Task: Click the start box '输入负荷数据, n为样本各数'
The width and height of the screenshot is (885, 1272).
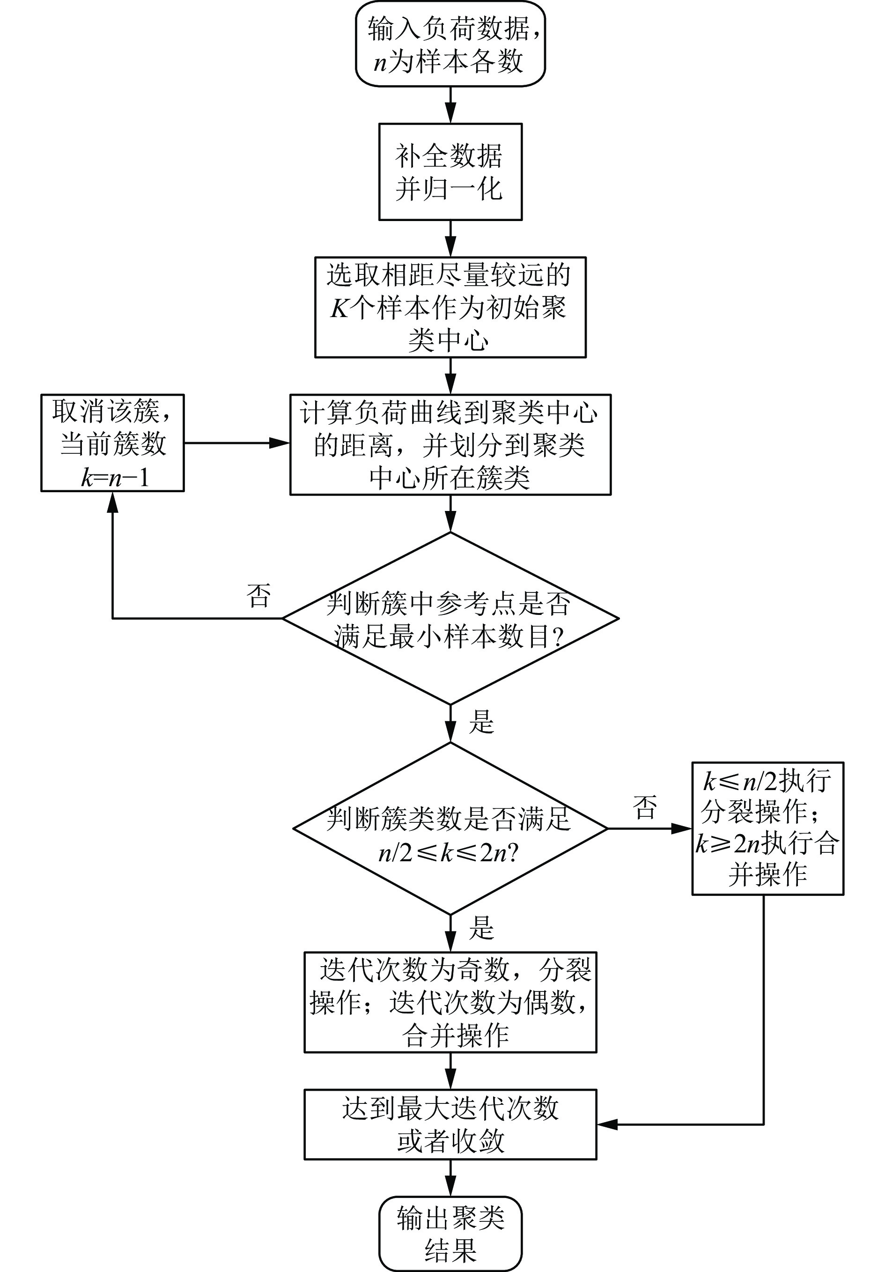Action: click(450, 44)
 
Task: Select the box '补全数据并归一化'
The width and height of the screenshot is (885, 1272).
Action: click(450, 172)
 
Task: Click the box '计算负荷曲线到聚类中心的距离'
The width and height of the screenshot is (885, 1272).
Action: click(450, 444)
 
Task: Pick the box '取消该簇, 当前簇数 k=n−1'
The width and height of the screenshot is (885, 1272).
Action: click(112, 443)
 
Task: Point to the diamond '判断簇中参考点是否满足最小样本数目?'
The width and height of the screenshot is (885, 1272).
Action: click(450, 618)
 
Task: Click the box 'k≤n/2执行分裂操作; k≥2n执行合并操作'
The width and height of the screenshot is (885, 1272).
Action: click(767, 828)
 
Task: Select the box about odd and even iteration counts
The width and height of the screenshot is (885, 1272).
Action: click(450, 1002)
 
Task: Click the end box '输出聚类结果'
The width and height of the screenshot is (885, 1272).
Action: click(450, 1233)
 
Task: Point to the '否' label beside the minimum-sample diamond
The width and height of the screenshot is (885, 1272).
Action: click(258, 596)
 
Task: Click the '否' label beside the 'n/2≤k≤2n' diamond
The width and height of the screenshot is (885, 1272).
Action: click(645, 806)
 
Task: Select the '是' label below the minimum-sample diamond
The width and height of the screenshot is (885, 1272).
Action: click(481, 722)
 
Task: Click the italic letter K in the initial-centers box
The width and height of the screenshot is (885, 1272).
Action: click(339, 308)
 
